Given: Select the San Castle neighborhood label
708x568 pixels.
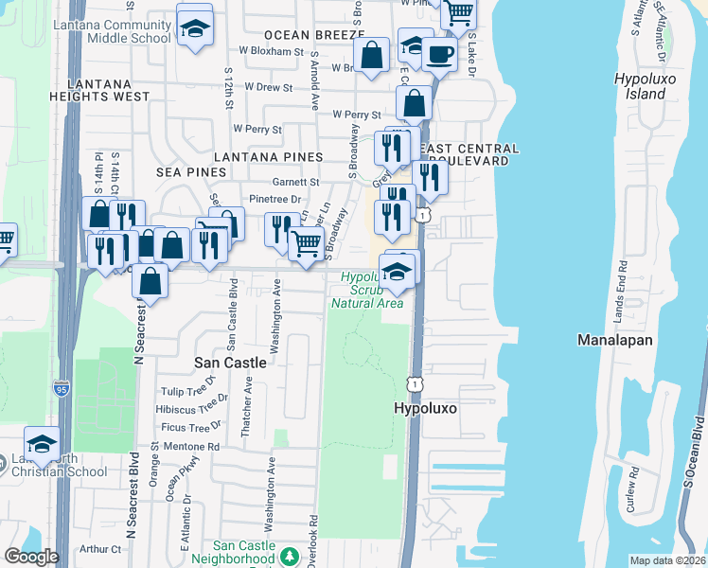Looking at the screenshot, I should pos(232,362).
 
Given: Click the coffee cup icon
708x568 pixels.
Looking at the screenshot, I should pos(438,53).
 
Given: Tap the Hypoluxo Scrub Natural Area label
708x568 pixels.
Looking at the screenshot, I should pos(366,290).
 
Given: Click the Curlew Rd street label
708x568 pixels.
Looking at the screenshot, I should pos(633,489).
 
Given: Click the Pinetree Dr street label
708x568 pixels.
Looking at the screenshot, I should pos(274,200).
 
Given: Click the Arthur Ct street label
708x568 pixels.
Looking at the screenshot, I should pos(101,548).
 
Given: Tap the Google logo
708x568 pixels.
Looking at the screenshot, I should pos(31,557).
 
